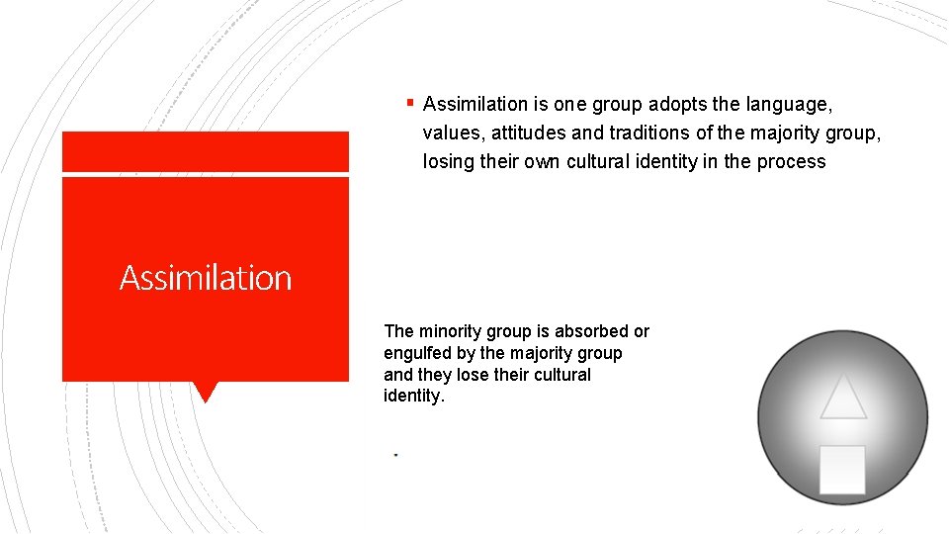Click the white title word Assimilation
coord(206,278)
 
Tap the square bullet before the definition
coord(409,101)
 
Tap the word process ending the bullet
coord(791,162)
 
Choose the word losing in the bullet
coord(449,162)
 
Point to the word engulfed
coord(418,353)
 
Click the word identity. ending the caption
coord(414,397)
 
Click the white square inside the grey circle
coord(842,469)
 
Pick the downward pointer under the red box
coord(206,392)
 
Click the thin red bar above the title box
coord(206,151)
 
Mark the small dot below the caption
coord(395,454)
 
